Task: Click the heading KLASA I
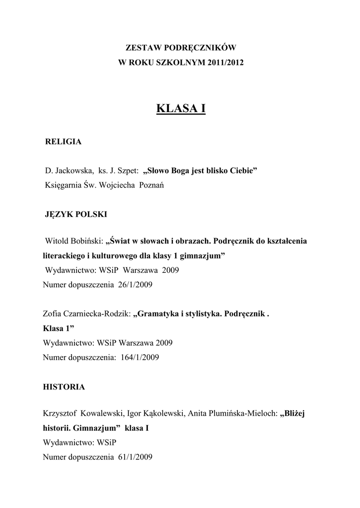click(x=181, y=108)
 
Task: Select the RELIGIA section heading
click(x=64, y=142)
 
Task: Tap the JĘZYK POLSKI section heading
click(x=76, y=214)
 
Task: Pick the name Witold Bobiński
click(x=74, y=242)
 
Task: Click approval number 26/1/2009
click(x=135, y=285)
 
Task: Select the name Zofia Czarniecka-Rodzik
click(x=87, y=314)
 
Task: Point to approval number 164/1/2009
click(x=140, y=357)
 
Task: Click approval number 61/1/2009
click(x=135, y=456)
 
